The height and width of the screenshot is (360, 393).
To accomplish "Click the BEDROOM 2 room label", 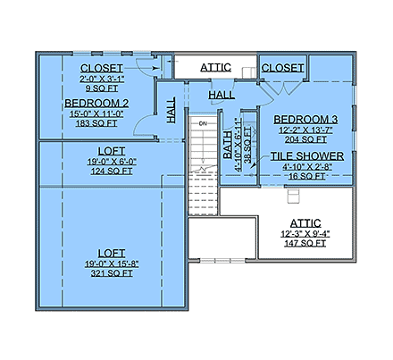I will click(x=96, y=104).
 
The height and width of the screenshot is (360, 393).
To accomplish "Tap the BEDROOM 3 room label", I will click(x=303, y=120).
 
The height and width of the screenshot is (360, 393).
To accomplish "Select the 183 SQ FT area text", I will click(x=96, y=125).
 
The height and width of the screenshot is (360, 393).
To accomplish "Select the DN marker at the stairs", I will click(x=202, y=124).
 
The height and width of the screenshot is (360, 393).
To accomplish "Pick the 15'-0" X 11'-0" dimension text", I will click(x=96, y=114).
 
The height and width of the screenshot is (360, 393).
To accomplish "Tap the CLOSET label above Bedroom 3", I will click(x=283, y=67).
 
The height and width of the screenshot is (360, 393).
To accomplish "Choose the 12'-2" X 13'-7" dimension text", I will click(x=303, y=131).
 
